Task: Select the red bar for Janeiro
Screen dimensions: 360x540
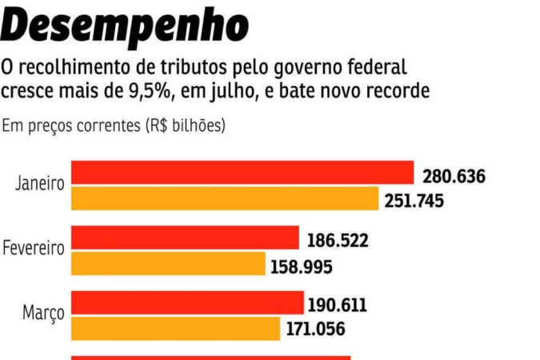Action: point(242,173)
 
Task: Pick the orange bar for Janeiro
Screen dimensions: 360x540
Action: point(225,198)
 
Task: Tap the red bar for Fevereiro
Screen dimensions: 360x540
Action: point(185,238)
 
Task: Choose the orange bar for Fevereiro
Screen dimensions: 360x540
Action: point(169,263)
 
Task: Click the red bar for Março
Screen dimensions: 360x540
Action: point(188,302)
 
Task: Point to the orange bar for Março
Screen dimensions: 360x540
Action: point(176,328)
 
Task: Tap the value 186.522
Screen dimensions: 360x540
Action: point(338,240)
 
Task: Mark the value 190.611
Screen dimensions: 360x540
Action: point(338,305)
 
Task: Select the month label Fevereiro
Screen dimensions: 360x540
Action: point(34,249)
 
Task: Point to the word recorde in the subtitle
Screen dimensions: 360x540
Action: point(397,91)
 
